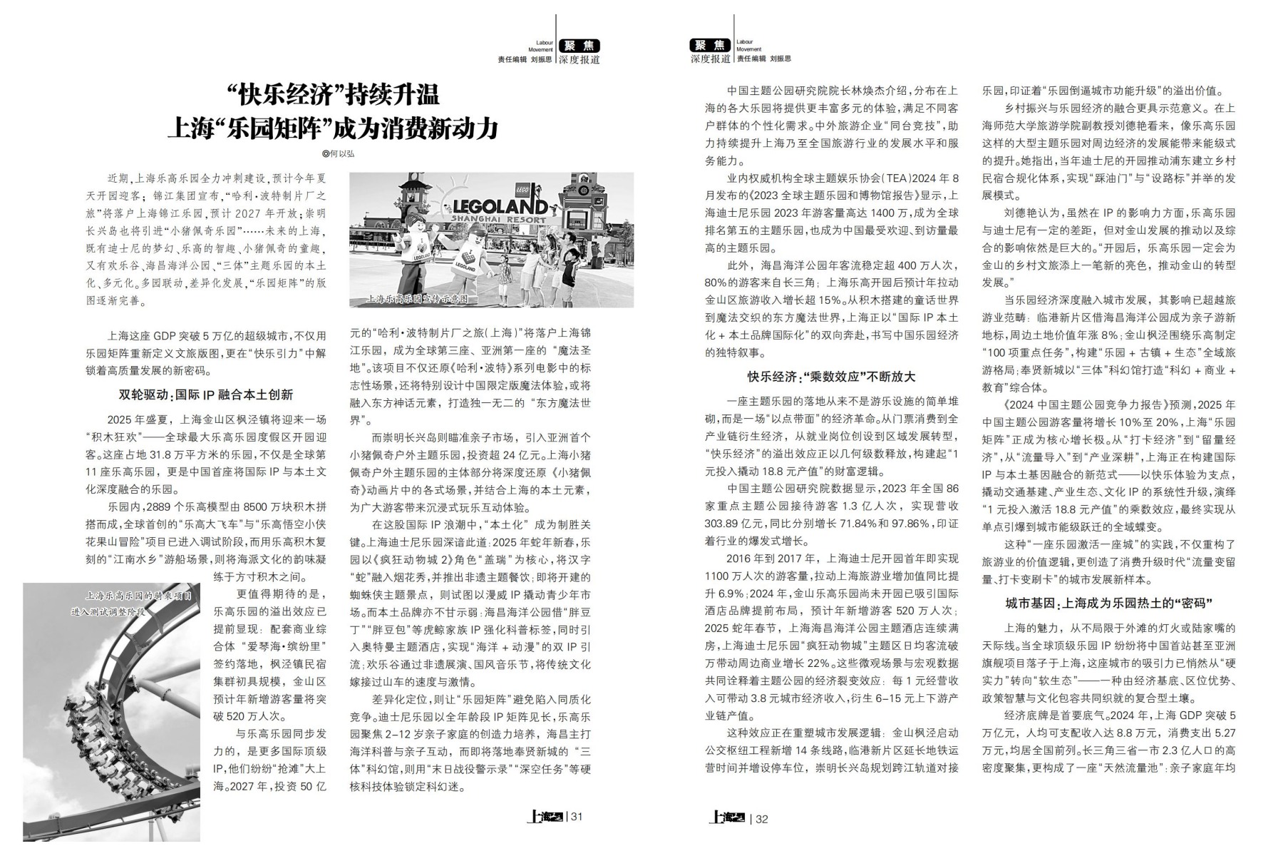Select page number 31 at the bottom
577,817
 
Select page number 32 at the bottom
761,818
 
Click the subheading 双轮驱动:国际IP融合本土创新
205,394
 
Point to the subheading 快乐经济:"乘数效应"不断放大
831,377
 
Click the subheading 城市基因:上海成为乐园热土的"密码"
1108,603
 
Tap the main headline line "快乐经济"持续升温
333,94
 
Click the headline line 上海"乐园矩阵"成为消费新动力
333,128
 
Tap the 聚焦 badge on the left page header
579,46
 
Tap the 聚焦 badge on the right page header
711,46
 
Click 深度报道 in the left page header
579,60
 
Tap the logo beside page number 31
545,817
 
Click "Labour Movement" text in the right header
748,46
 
